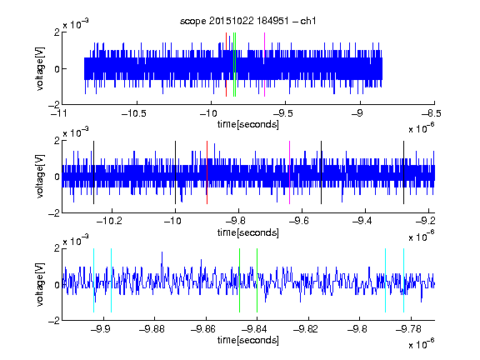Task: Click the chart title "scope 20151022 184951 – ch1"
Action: pos(248,21)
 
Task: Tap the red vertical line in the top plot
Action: pos(226,65)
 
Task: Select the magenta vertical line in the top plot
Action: pos(264,65)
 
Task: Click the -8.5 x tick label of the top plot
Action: pos(432,113)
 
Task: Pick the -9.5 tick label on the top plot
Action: pos(283,113)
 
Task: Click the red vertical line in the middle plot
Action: pos(207,172)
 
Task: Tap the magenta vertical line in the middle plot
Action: pos(290,172)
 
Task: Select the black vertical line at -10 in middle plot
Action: pos(175,172)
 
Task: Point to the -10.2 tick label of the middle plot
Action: pos(109,221)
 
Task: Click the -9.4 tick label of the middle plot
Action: pos(362,221)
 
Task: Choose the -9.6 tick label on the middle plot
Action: pos(299,221)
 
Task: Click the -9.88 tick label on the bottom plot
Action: pos(152,329)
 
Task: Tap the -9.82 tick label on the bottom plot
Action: pos(306,329)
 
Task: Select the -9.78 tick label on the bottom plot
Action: pos(408,329)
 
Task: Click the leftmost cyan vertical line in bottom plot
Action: pos(93,280)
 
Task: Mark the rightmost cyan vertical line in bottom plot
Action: pos(403,280)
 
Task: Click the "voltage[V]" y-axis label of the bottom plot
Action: pos(40,284)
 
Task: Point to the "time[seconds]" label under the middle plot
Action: pos(248,233)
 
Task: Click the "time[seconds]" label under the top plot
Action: pos(248,125)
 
